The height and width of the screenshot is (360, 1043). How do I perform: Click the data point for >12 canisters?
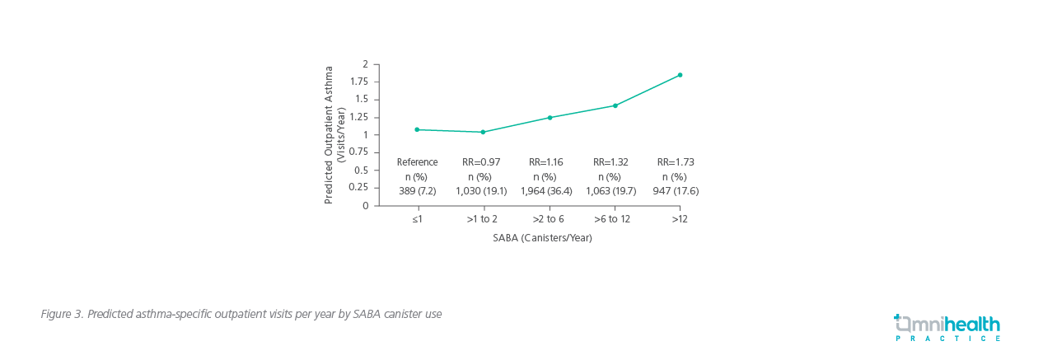680,75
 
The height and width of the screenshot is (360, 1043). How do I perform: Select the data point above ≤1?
417,129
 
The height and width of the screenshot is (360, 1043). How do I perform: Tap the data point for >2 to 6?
550,118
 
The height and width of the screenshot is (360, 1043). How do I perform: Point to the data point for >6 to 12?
615,105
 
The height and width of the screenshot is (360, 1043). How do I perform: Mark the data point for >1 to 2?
483,132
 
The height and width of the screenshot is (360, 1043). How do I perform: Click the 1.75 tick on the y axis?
358,82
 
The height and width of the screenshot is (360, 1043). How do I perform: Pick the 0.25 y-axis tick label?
358,187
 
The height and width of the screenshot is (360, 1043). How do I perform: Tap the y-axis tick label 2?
365,64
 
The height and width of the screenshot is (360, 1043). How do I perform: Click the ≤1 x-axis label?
418,220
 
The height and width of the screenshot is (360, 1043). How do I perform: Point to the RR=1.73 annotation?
676,162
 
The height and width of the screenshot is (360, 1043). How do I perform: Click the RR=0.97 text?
481,162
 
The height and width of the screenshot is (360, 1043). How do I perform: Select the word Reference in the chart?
418,162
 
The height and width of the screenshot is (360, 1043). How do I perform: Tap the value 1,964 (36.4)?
545,191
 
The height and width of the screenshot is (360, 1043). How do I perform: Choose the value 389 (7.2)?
418,191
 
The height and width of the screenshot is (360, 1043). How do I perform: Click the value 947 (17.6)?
676,191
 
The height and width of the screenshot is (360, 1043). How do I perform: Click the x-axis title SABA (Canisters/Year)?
542,238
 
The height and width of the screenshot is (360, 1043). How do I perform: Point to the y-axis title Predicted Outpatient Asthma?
329,134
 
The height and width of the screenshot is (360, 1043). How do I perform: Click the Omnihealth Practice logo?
947,327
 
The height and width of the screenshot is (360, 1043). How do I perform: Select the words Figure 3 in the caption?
61,315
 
